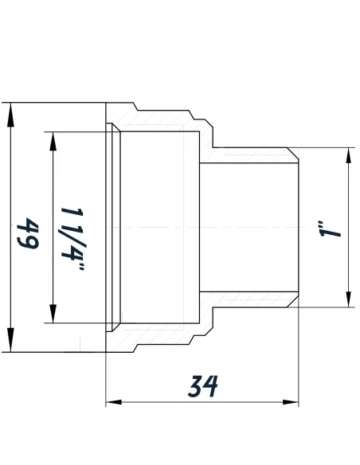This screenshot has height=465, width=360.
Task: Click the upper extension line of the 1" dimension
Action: click(x=327, y=148)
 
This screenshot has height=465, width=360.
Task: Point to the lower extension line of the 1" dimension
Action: click(x=327, y=307)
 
